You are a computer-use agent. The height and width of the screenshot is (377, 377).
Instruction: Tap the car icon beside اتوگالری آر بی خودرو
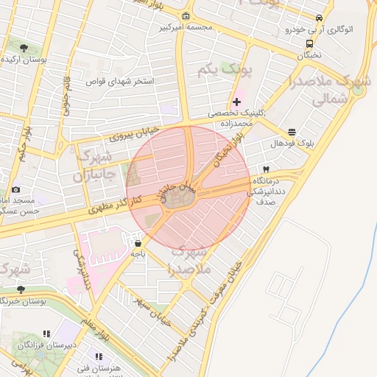click(x=319, y=18)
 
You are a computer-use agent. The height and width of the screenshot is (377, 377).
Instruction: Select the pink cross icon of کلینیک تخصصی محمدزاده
click(x=236, y=102)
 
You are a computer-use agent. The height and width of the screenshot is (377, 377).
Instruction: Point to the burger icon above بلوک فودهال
click(x=292, y=132)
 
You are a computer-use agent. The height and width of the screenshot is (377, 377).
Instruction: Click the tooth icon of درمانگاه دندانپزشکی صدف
click(x=266, y=169)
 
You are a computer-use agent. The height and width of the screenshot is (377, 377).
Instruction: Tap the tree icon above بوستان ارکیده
click(x=24, y=48)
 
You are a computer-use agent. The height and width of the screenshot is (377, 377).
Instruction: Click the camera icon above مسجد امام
click(x=16, y=190)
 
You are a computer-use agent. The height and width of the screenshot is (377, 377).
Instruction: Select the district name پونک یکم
click(x=225, y=71)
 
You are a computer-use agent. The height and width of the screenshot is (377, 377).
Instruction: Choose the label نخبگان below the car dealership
click(x=310, y=54)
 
